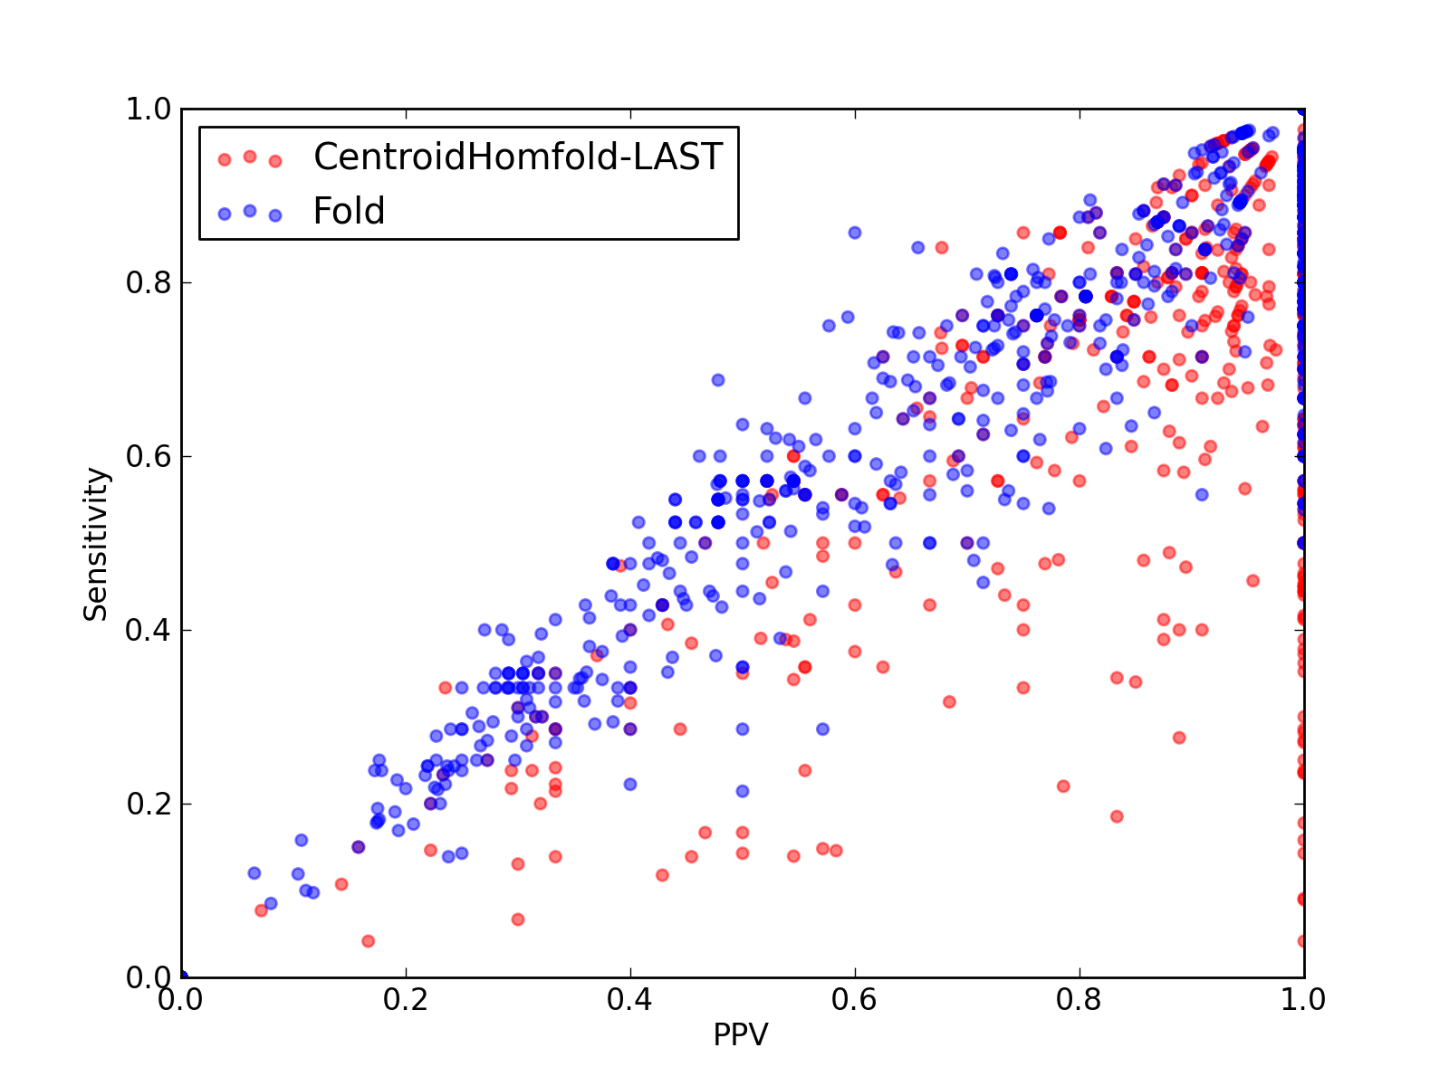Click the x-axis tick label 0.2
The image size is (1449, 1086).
(x=406, y=1000)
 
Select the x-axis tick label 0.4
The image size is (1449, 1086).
(x=629, y=1000)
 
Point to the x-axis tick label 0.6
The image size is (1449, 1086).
(x=854, y=1000)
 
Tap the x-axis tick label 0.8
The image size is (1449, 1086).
(x=1079, y=1000)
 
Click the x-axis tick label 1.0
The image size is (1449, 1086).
(x=1303, y=1000)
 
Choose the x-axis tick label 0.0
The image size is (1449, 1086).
(x=180, y=1000)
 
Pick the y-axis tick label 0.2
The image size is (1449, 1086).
(x=149, y=804)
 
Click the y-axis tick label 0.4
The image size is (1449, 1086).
(x=149, y=631)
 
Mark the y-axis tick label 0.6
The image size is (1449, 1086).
(x=149, y=456)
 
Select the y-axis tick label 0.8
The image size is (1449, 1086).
(x=149, y=282)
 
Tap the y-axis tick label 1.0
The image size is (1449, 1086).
(x=149, y=109)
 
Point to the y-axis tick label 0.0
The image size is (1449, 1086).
(x=149, y=977)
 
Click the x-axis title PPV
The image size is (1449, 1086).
(x=741, y=1035)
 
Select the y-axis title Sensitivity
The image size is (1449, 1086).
(x=95, y=545)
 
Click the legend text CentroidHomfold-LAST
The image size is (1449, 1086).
(x=518, y=157)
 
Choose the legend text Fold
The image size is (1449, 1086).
(x=349, y=211)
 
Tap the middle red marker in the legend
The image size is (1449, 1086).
(x=250, y=157)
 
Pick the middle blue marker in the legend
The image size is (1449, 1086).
(x=250, y=211)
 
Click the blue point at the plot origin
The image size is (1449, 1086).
(x=182, y=976)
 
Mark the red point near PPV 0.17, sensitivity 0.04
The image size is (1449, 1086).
(x=369, y=941)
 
